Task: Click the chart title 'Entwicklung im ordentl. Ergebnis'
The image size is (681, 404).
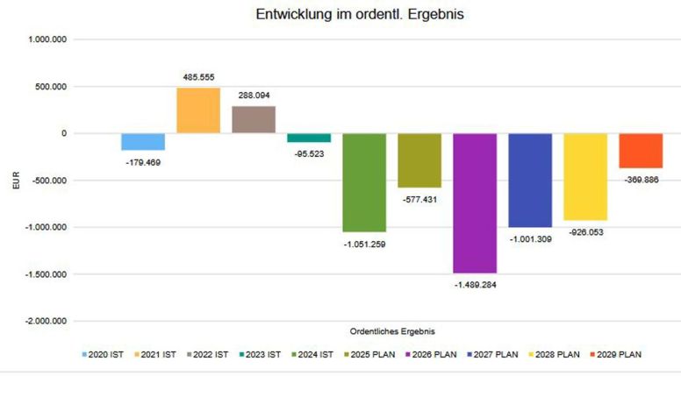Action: [360, 14]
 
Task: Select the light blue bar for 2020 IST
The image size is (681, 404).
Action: [143, 142]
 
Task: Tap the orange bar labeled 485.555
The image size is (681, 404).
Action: [198, 110]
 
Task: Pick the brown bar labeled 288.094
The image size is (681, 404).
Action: [254, 120]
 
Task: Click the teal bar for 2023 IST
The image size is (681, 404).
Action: [309, 138]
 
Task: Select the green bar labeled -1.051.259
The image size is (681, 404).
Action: [364, 182]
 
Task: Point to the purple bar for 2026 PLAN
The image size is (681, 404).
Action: [475, 203]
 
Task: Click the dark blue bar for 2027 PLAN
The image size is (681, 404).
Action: [530, 181]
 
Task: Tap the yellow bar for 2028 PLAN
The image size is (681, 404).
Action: [585, 177]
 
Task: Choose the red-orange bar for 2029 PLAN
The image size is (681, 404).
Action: [641, 151]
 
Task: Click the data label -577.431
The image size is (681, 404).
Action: [419, 200]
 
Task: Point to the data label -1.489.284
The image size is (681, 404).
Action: [475, 285]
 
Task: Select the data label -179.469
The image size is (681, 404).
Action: [143, 162]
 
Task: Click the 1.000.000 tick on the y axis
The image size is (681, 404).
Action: [47, 39]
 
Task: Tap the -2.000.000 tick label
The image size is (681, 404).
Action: [46, 322]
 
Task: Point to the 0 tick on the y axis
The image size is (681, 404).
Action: [64, 133]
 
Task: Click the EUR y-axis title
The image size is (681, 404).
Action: [16, 181]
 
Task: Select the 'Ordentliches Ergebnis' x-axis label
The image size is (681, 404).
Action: [392, 331]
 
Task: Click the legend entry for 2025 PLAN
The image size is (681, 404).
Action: [369, 355]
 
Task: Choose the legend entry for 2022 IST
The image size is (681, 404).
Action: [208, 355]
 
